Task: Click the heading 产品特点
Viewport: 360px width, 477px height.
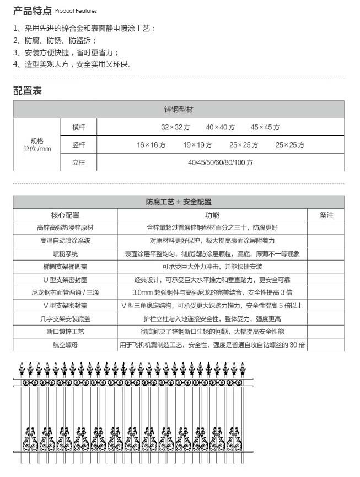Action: pyautogui.click(x=33, y=10)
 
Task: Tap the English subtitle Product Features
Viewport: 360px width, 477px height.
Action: pyautogui.click(x=76, y=11)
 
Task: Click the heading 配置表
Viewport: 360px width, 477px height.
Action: pyautogui.click(x=28, y=91)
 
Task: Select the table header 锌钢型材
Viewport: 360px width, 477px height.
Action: pyautogui.click(x=179, y=109)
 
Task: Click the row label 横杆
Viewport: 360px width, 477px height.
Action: pyautogui.click(x=79, y=127)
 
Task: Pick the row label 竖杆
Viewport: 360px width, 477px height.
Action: pyautogui.click(x=79, y=145)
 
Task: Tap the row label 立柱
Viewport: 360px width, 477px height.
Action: pyautogui.click(x=79, y=162)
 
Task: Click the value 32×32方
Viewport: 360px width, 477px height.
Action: pyautogui.click(x=176, y=127)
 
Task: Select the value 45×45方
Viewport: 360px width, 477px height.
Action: pyautogui.click(x=265, y=127)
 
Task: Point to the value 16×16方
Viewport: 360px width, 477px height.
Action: pyautogui.click(x=151, y=145)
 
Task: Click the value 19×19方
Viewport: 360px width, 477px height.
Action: pyautogui.click(x=197, y=145)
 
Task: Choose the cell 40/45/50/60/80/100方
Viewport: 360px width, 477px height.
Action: pyautogui.click(x=220, y=162)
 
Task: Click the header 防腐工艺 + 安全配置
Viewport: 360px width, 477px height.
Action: pyautogui.click(x=179, y=202)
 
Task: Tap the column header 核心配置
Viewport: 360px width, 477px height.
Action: pyautogui.click(x=65, y=215)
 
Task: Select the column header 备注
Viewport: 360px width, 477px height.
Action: pyautogui.click(x=326, y=215)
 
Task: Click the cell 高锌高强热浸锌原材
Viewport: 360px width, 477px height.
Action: pyautogui.click(x=65, y=228)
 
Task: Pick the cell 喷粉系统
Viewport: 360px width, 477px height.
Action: pyautogui.click(x=65, y=254)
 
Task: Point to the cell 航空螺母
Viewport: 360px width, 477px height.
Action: pyautogui.click(x=65, y=345)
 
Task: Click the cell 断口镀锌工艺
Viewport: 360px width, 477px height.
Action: pyautogui.click(x=65, y=332)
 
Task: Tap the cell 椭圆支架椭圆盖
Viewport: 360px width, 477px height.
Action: pyautogui.click(x=65, y=267)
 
